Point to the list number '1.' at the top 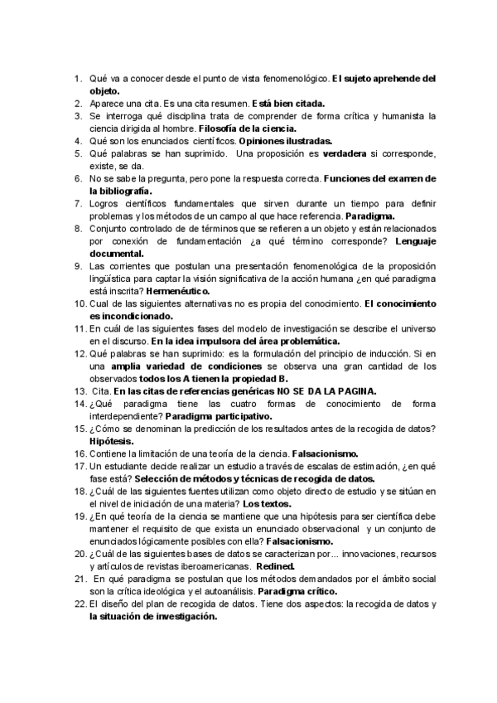(79, 79)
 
